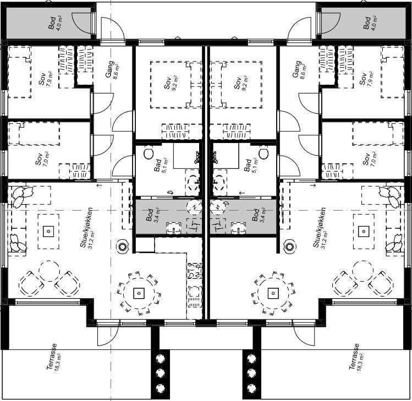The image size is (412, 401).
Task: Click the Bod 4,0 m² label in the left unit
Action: coord(55,23)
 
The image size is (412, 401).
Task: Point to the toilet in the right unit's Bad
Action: coord(263,153)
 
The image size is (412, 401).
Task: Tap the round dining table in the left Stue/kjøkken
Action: coord(139,293)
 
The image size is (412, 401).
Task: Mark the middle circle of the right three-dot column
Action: coord(252,373)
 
